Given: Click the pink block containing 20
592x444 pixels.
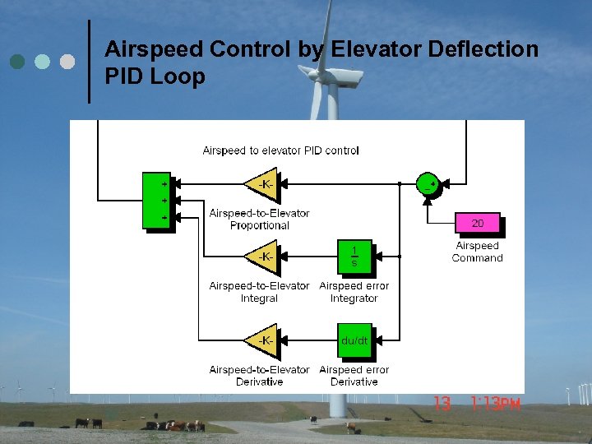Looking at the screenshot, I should [x=477, y=223].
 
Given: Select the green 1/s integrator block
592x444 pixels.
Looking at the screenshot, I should [x=354, y=257].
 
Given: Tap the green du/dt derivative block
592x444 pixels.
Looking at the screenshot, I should [x=354, y=340].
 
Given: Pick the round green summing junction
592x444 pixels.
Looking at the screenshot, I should [x=427, y=184].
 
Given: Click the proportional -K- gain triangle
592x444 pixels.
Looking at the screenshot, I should [x=262, y=184].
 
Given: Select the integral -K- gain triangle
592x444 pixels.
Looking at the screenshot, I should [x=262, y=257].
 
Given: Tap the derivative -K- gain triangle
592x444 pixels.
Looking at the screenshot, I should [x=262, y=340].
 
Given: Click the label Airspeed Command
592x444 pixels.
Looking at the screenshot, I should [x=477, y=252].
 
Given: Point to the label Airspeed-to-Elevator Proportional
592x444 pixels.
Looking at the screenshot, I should [x=259, y=219].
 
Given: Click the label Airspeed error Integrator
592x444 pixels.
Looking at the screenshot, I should [x=354, y=292].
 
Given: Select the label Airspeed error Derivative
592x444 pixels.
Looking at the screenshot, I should [x=354, y=376].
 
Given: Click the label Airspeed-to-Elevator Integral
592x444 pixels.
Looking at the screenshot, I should [x=259, y=292].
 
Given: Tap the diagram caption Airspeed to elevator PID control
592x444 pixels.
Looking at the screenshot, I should [x=280, y=150].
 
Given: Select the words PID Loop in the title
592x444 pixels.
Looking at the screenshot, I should [x=155, y=76].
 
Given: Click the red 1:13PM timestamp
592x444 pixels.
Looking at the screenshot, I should [x=497, y=404].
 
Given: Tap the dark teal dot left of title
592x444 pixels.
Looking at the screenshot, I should [x=16, y=62].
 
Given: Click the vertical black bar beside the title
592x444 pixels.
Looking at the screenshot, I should [x=89, y=62].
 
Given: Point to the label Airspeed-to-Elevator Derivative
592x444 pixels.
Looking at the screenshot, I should [x=259, y=376].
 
